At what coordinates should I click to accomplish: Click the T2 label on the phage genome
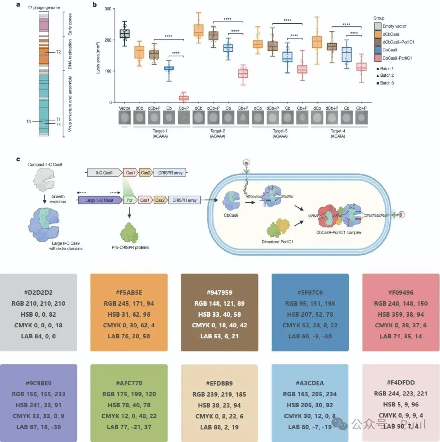point(58,52)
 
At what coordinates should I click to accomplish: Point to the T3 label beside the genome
point(28,121)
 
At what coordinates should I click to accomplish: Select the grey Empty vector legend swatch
point(378,26)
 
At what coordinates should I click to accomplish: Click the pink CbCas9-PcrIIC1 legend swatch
point(378,58)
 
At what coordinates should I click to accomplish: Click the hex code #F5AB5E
point(129,292)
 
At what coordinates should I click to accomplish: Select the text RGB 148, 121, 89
point(219,303)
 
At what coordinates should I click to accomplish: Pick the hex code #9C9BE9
point(38,383)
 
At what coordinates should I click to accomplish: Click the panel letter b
point(95,5)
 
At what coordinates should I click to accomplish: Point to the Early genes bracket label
point(70,26)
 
